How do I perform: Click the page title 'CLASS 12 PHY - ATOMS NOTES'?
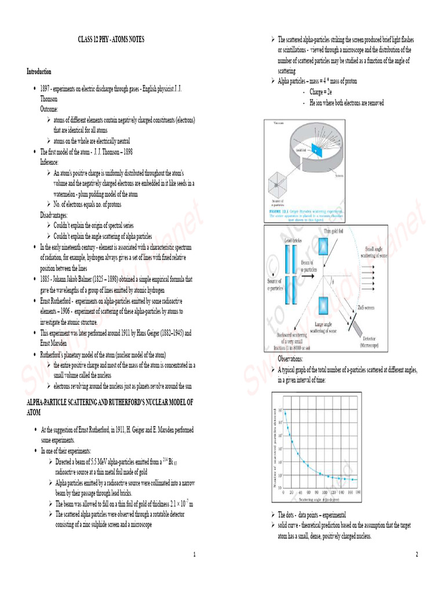click(x=111, y=39)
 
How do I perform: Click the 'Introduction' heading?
click(x=39, y=71)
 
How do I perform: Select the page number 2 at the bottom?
click(x=417, y=555)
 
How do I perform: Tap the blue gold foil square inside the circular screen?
click(x=316, y=150)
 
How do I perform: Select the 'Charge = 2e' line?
click(x=320, y=92)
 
